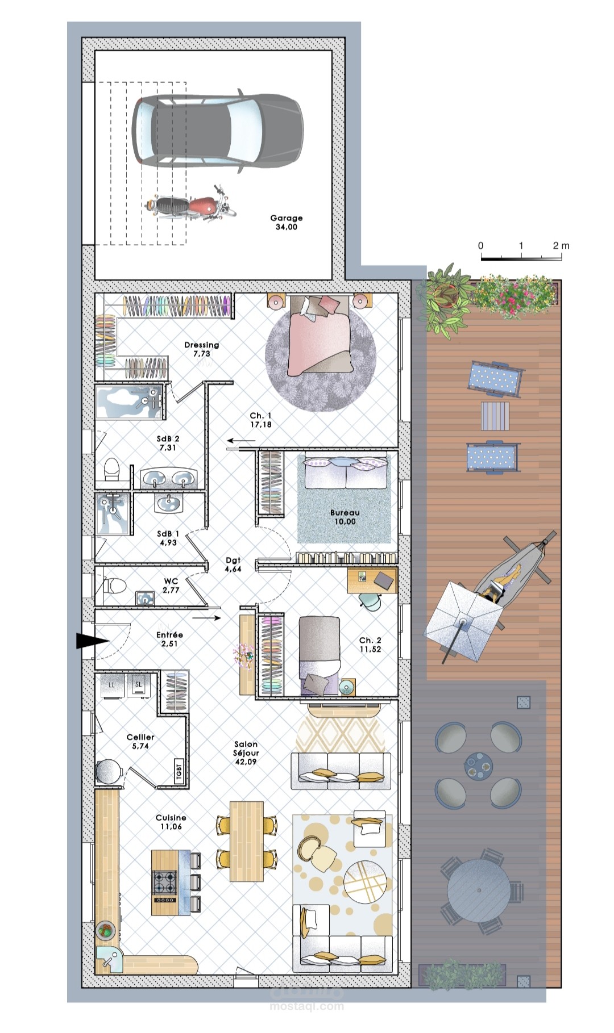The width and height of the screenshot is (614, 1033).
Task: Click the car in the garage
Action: (x=218, y=131)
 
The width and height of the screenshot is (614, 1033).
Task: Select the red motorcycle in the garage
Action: (x=190, y=205)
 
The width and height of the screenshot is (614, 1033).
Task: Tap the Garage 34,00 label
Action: (x=287, y=222)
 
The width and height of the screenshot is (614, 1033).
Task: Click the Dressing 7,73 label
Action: (x=201, y=349)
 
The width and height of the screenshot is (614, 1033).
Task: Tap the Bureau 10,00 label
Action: (x=345, y=517)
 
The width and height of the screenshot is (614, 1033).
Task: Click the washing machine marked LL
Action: (x=111, y=685)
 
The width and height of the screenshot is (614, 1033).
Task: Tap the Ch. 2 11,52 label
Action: (x=370, y=645)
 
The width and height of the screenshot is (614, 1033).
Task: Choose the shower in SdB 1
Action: (x=113, y=513)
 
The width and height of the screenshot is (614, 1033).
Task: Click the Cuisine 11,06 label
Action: (x=171, y=822)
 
